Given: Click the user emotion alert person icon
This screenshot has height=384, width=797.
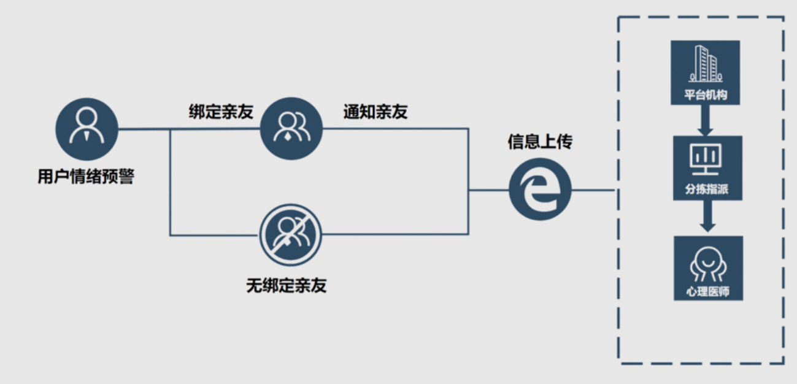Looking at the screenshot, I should [86, 129].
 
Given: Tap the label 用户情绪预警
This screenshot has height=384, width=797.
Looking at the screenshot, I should [86, 177].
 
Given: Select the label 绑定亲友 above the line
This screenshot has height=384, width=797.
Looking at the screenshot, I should [220, 112].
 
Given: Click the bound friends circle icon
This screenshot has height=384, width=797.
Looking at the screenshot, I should [291, 129].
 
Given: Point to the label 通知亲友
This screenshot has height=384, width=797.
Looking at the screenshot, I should [375, 112].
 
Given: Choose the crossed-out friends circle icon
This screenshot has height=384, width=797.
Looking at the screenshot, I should [291, 234].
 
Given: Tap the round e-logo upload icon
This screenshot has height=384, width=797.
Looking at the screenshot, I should [540, 190].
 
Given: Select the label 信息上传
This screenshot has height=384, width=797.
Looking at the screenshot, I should [540, 142].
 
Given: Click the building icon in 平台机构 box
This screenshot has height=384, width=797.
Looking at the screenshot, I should [705, 64].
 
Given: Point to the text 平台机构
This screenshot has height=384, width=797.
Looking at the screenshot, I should [706, 95].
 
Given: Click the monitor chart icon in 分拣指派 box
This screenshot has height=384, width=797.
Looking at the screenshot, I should [707, 158].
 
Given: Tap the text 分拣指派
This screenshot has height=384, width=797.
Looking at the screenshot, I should [707, 190].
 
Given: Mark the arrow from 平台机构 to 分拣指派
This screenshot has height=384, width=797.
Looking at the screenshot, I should [706, 120].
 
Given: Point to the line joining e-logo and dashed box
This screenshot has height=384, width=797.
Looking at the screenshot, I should [593, 190].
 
